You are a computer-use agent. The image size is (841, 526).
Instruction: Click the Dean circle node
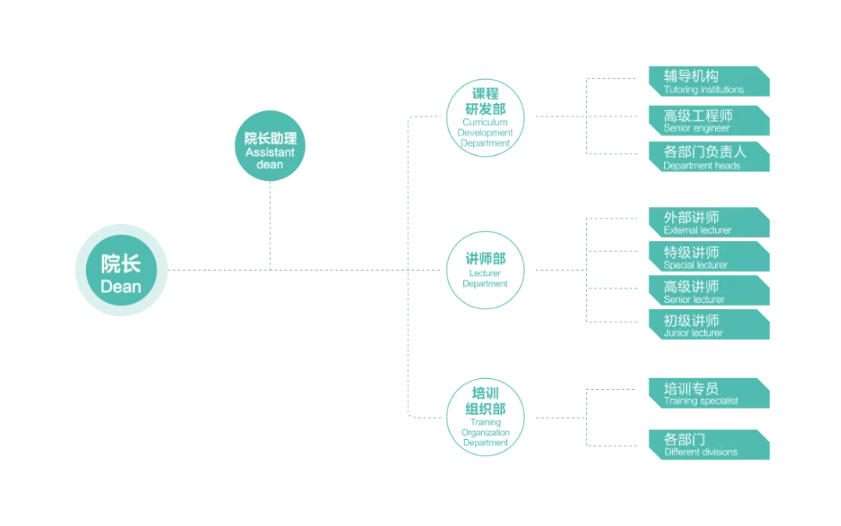coord(121,270)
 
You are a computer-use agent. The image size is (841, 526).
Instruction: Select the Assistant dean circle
coord(270,146)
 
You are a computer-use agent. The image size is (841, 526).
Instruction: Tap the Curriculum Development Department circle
coord(485,118)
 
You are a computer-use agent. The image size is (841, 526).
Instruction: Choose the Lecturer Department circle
coord(485,270)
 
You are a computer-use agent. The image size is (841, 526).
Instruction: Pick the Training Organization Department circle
coord(485,417)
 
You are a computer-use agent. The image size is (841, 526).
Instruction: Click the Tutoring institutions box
coord(709,81)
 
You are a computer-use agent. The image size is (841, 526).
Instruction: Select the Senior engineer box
coord(709,121)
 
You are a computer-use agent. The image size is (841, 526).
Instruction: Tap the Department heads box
coord(709,157)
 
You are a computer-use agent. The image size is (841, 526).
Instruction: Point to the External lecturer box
coord(709,222)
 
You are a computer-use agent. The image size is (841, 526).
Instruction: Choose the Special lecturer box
coord(709,257)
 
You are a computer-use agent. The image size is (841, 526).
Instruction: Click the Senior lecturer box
coord(709,290)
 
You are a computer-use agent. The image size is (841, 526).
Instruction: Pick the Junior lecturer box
coord(709,324)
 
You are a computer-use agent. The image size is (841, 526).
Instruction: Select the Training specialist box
coord(709,393)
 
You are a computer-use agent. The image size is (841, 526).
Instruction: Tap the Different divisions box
coord(709,445)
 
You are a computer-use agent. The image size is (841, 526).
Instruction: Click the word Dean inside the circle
coord(120,286)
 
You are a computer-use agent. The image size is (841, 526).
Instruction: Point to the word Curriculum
coord(485,122)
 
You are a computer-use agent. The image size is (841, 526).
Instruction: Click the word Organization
coord(485,433)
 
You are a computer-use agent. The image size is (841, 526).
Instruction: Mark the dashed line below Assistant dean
coord(270,225)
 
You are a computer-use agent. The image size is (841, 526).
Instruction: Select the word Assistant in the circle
coord(270,153)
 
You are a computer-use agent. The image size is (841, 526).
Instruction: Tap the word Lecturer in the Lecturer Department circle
coord(485,273)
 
